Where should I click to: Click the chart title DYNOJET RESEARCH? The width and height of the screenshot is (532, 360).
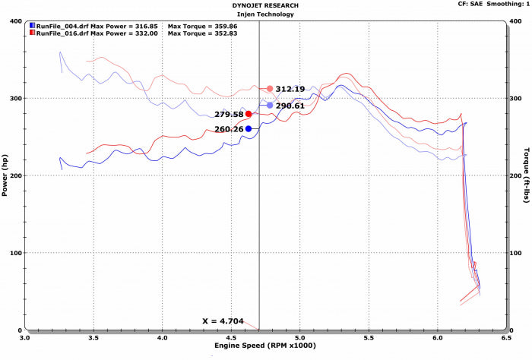pos(264,5)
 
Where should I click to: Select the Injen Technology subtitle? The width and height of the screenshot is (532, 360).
pos(264,14)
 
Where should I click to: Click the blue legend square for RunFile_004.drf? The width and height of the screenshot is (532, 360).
pos(31,25)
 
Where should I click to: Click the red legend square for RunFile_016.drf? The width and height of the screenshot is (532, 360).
pos(31,33)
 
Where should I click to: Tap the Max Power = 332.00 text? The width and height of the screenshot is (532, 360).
pos(124,33)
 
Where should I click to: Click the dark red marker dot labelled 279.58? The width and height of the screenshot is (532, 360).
pos(249,114)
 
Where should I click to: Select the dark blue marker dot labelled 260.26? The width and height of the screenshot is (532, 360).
pos(249,129)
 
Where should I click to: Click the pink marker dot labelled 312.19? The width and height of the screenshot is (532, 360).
pos(270,89)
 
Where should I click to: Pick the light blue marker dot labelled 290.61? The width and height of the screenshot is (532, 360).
pos(270,106)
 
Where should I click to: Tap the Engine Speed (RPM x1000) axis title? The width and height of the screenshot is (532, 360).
pos(264,346)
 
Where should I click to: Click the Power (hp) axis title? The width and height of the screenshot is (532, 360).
pos(6,175)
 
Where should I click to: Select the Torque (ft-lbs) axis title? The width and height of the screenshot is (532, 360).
pos(526,175)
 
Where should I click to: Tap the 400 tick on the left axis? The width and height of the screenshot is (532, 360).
pos(15,21)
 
